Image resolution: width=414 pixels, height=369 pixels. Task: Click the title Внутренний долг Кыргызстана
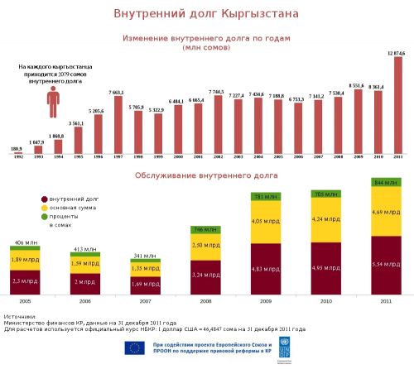(206, 15)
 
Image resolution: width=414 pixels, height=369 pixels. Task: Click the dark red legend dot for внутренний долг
(43, 200)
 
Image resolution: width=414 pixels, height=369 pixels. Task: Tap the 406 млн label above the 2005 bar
(26, 243)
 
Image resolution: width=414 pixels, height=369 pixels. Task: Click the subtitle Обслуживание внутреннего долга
(206, 175)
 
